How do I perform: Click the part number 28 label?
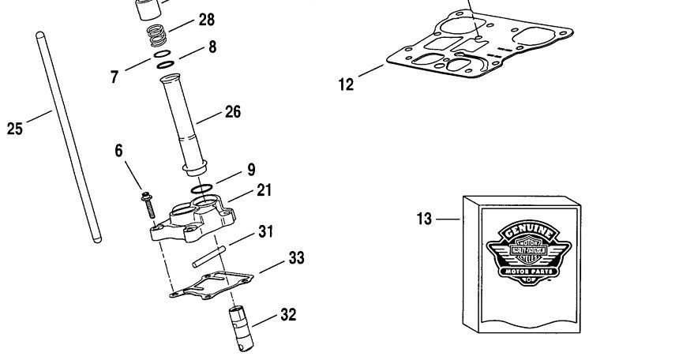point(206,20)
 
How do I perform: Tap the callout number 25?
point(15,128)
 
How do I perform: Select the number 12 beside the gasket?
point(347,84)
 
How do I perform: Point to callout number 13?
point(425,219)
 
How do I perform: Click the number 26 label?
point(232,112)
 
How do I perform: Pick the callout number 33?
point(296,257)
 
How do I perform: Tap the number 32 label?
point(288,315)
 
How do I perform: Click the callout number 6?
point(119,151)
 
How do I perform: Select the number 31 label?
point(266,231)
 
